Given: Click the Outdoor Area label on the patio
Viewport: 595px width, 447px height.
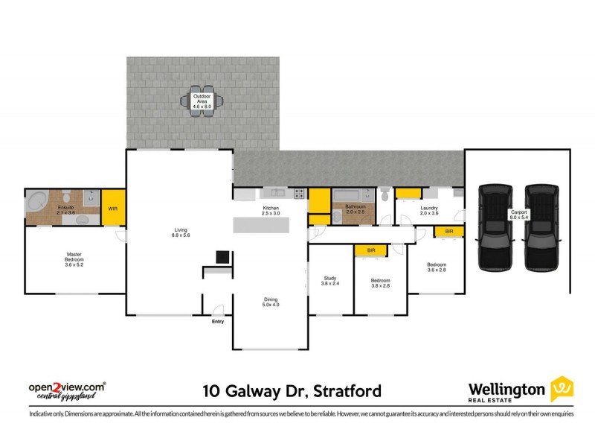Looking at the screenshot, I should click(202, 102).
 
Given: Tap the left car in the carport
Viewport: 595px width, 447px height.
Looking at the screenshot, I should click(494, 226).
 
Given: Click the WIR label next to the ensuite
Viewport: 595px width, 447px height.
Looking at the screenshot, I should click(113, 209).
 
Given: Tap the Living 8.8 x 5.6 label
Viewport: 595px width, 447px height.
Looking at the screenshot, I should click(181, 232).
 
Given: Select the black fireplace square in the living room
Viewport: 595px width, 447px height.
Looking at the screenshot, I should click(222, 257).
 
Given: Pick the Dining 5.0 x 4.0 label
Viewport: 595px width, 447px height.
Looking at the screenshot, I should click(268, 301).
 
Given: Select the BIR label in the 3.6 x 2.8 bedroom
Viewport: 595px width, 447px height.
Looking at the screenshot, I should click(448, 232).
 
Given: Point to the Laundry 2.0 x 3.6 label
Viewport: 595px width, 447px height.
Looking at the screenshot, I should click(429, 210).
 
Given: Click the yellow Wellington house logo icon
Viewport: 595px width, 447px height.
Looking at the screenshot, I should click(562, 389).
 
